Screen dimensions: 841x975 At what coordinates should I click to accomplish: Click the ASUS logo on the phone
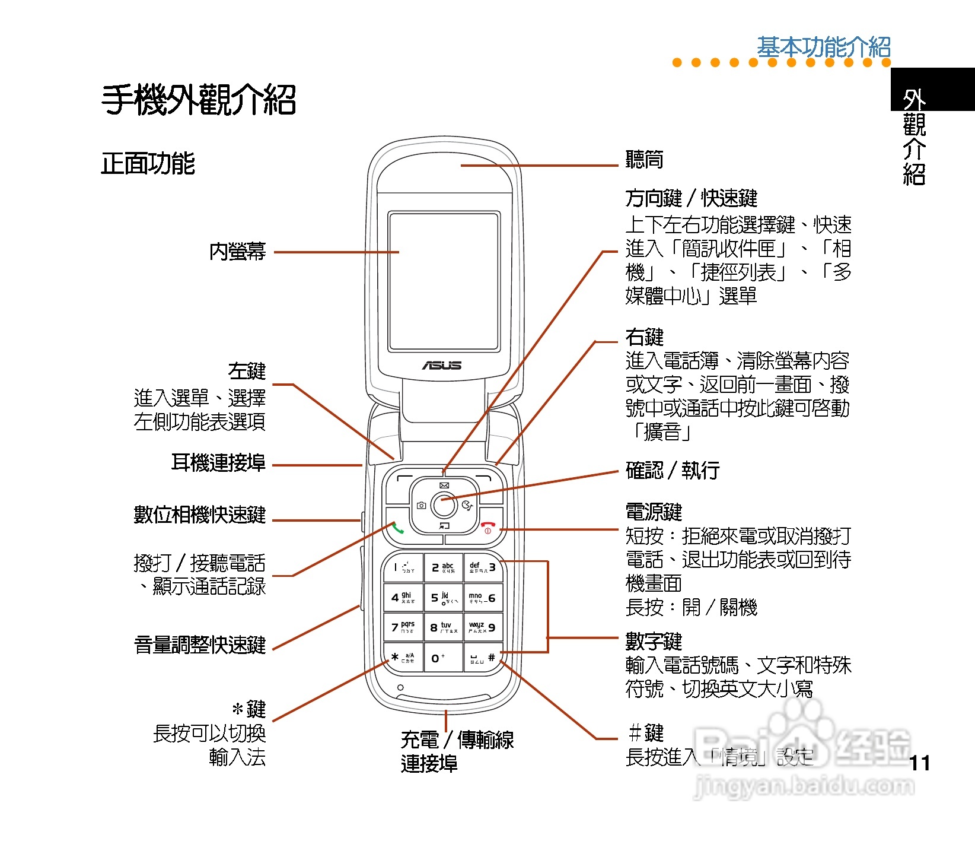coord(442,366)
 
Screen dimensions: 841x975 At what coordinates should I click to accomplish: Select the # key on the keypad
coord(483,658)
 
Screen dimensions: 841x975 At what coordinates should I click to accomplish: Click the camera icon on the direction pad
coord(421,506)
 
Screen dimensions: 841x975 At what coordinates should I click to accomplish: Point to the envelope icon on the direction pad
coord(444,485)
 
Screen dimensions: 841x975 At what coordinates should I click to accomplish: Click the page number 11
coord(919,763)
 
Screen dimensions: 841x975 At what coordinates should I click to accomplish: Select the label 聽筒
coord(644,160)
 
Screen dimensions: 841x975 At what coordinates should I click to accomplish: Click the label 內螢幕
coord(237,252)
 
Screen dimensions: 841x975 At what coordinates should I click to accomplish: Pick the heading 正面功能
coord(148,164)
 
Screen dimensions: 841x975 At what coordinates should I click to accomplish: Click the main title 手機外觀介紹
coord(199,100)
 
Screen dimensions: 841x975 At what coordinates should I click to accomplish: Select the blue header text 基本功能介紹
coord(823,47)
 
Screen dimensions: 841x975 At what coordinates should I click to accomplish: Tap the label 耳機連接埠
coord(218,462)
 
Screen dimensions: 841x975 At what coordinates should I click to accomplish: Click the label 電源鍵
coord(654,512)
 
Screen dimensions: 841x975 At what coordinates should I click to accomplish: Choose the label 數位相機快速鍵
coord(199,515)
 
